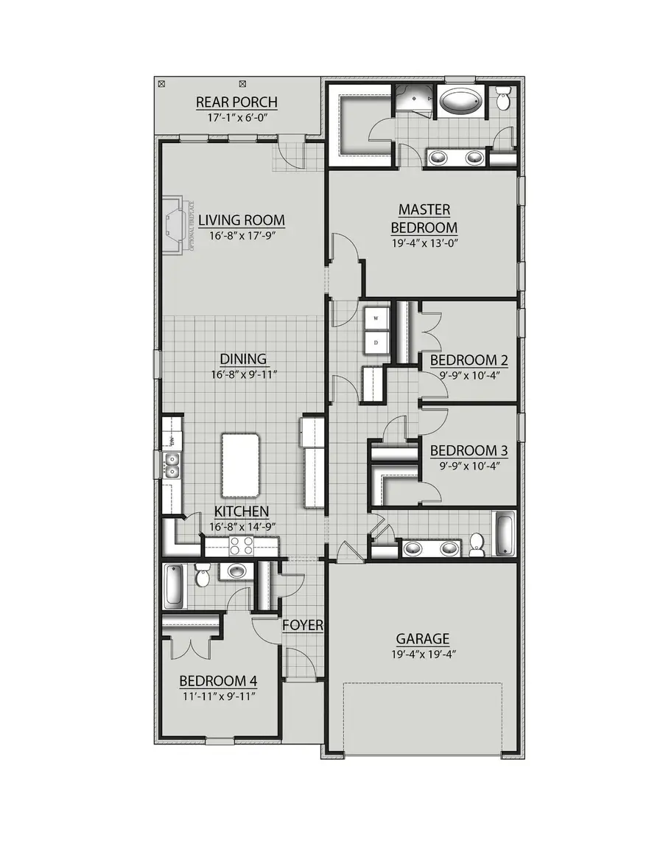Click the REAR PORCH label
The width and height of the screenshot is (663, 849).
point(236,102)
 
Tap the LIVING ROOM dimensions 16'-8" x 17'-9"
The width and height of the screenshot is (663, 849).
point(242,235)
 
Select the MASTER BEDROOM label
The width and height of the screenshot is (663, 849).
point(424,219)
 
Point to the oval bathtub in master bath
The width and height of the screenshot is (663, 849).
point(460,101)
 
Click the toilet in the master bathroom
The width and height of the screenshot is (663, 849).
point(504,98)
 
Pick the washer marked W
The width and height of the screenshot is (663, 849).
point(376,318)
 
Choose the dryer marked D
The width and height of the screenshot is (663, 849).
point(376,343)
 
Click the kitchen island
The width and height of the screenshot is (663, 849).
point(241,465)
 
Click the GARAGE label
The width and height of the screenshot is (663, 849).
point(422,639)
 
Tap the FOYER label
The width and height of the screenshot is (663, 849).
point(303,625)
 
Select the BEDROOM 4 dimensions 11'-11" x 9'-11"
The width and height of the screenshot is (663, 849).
point(218,695)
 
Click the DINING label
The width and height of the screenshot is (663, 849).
point(243,359)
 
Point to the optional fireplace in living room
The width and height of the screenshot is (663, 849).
point(175,224)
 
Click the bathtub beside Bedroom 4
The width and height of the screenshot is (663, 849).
point(175,587)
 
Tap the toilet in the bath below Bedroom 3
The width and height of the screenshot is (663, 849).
point(477,543)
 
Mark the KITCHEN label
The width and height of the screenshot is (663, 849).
point(242,511)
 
